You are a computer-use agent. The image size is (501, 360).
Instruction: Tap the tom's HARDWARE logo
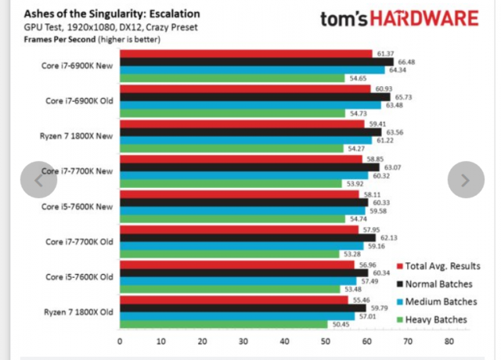[x=398, y=20]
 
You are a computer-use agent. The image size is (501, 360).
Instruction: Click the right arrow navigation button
[x=465, y=180]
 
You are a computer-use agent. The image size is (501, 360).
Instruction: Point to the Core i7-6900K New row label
[x=77, y=66]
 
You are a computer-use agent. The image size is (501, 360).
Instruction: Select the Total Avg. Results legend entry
[x=444, y=266]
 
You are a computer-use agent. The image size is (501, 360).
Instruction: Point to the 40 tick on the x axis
[x=284, y=341]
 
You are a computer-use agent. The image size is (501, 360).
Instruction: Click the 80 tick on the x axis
[x=449, y=341]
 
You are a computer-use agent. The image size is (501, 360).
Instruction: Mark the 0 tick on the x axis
[x=120, y=341]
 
